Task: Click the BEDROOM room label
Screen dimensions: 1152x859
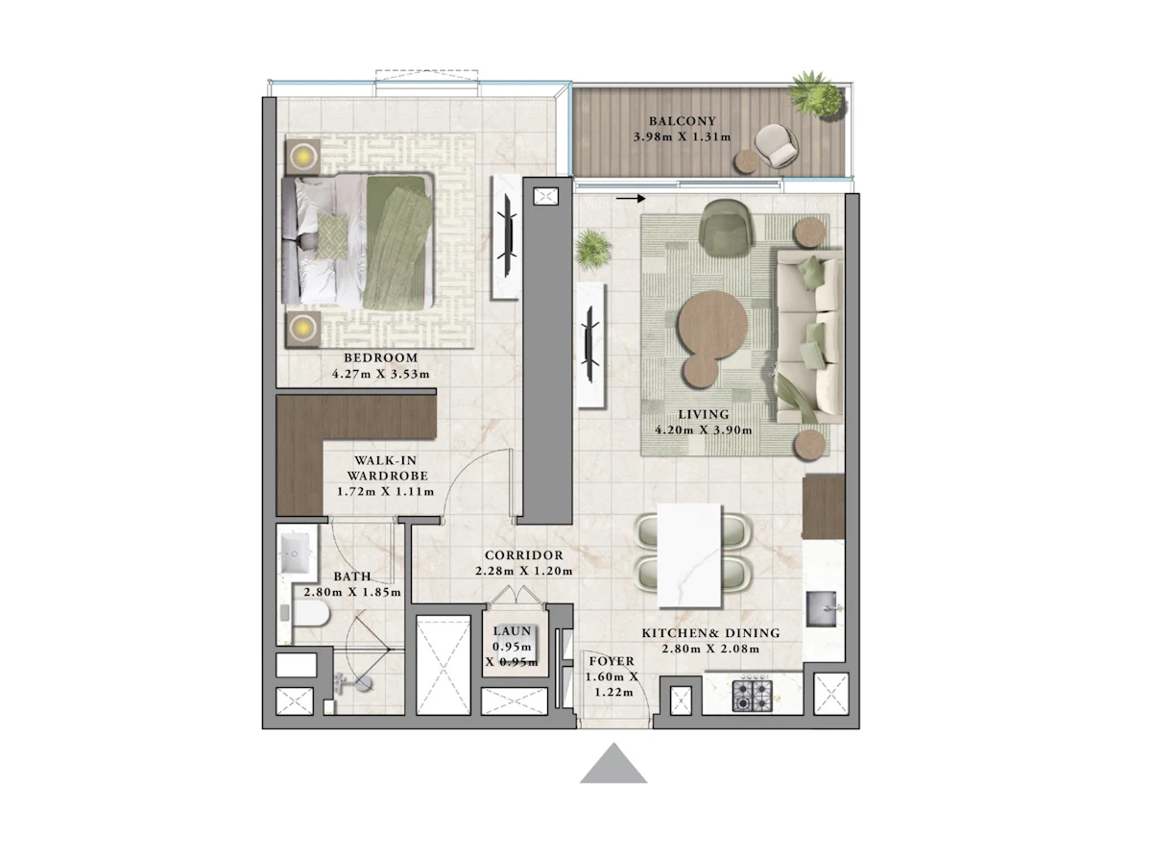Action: coord(381,357)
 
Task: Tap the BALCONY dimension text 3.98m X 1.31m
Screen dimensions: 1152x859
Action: coord(682,137)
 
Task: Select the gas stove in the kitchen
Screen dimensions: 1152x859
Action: coord(752,696)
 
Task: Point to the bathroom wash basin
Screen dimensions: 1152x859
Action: coord(296,552)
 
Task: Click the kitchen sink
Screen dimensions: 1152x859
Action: coord(822,609)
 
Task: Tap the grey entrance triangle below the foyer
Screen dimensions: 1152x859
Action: coord(613,763)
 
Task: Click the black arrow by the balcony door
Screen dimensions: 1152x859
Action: coord(631,198)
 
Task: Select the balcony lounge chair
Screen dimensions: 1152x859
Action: coord(776,146)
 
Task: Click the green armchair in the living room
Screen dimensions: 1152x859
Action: coord(726,227)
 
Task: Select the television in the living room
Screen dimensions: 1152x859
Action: coord(591,343)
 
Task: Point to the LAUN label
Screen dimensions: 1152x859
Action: coord(512,630)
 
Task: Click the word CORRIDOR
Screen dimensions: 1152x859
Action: coord(523,554)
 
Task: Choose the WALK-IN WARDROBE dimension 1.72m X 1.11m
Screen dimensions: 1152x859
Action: coord(385,491)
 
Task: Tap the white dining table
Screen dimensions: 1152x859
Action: coord(689,554)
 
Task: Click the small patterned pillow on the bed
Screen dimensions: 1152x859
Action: coord(332,237)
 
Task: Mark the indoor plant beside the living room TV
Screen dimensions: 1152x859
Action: coord(592,250)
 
